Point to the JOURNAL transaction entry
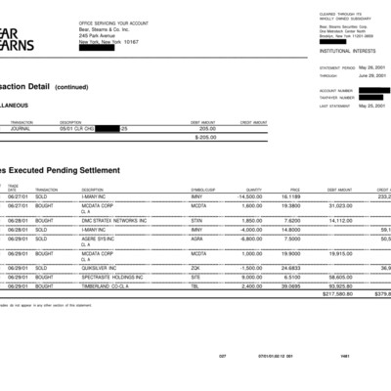pos(20,127)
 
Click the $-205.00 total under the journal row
pos(204,137)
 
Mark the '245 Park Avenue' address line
pos(104,36)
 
